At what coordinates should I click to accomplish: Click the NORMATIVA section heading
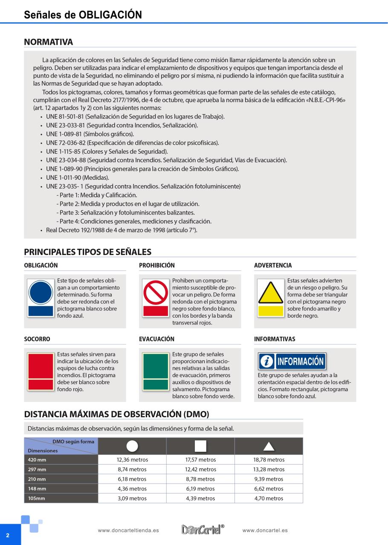click(x=49, y=42)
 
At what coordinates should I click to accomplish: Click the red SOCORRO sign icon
click(x=41, y=371)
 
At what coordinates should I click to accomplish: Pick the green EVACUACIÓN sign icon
click(x=156, y=371)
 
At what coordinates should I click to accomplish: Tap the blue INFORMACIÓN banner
click(x=292, y=361)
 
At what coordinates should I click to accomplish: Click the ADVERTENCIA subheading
click(x=273, y=265)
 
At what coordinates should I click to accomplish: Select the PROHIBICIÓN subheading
click(x=157, y=265)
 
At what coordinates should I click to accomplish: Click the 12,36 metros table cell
click(x=132, y=460)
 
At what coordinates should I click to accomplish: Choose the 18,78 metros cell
click(x=269, y=460)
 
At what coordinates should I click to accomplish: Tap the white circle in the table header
click(x=132, y=446)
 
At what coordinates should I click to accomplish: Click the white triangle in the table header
click(x=269, y=446)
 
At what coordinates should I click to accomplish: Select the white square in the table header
click(x=200, y=446)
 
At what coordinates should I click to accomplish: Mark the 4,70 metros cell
click(x=269, y=499)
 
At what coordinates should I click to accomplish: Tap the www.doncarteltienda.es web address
click(x=128, y=531)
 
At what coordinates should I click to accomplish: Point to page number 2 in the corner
click(x=8, y=535)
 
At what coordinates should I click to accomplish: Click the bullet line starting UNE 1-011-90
click(x=72, y=178)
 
